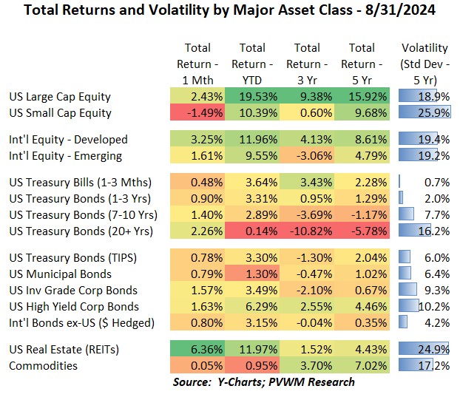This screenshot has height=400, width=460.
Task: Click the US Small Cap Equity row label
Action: click(x=60, y=113)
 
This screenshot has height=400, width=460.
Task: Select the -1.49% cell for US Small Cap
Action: click(x=193, y=113)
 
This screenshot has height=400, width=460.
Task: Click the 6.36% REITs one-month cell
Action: click(x=193, y=349)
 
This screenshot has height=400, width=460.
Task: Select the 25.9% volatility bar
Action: click(x=425, y=113)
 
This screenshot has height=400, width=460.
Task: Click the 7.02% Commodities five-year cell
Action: click(x=362, y=365)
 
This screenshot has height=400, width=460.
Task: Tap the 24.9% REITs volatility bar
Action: click(x=425, y=349)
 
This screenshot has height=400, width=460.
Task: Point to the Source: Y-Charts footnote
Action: click(x=264, y=382)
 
